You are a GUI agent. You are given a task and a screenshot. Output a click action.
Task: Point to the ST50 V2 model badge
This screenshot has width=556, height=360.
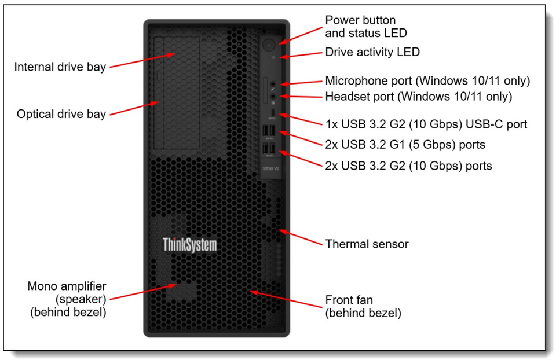(x=270, y=168)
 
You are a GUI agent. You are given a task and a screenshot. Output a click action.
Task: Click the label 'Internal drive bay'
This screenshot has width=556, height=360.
(x=60, y=67)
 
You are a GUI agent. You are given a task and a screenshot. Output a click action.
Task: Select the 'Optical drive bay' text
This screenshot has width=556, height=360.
(x=61, y=114)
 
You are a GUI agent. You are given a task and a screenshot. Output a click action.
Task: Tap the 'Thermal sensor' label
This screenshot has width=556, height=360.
(x=367, y=244)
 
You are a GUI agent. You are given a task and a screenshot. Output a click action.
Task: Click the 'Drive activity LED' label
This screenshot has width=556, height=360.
(x=372, y=52)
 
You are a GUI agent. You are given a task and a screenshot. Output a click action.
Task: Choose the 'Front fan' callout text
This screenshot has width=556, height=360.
(x=349, y=300)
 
